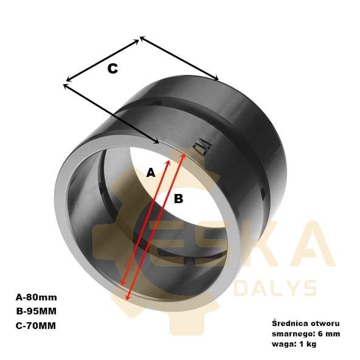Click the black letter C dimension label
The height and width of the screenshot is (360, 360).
pos(112,69)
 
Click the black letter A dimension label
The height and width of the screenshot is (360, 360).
pos(151,173)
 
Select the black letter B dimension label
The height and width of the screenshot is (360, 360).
pos(179,198)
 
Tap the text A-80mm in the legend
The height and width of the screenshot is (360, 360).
pos(36,297)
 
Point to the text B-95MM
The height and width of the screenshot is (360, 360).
pos(36,311)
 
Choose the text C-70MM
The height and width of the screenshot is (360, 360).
pos(36,325)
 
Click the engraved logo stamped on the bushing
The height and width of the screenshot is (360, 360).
pos(202,147)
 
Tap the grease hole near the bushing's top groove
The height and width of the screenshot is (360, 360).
pos(158,103)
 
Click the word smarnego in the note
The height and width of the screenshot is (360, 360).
pos(292,334)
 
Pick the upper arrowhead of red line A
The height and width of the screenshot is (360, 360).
pos(168,162)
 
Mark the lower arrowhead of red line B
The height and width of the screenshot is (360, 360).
pos(128,297)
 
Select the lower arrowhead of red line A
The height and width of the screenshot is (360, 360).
pos(122,283)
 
